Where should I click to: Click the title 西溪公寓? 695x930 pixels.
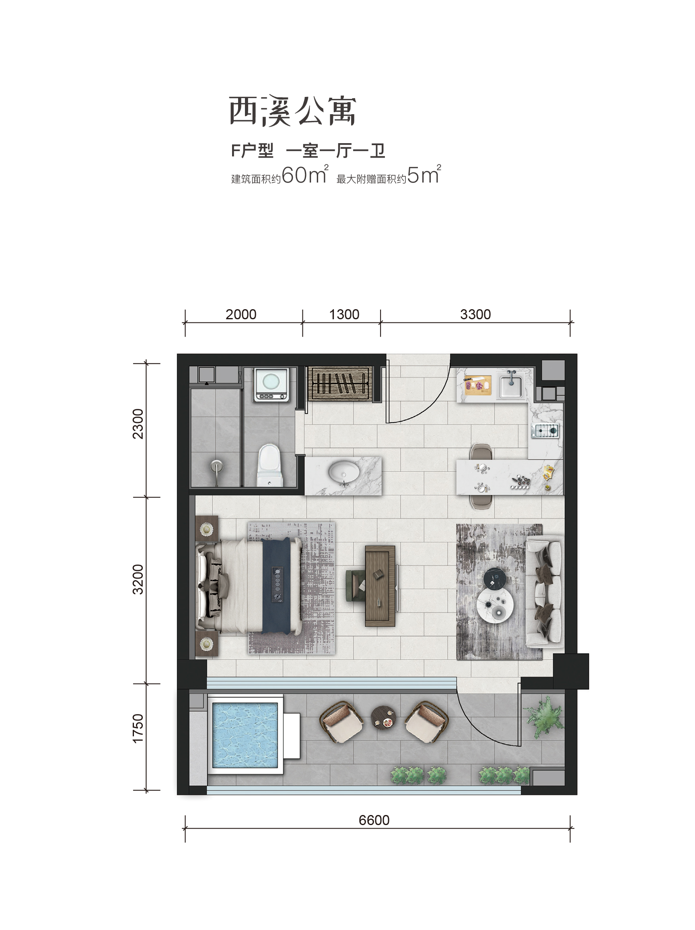(x=293, y=111)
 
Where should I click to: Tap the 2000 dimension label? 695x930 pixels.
(x=241, y=314)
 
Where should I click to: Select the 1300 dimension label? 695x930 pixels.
(x=344, y=314)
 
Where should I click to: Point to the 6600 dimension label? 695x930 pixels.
(x=374, y=820)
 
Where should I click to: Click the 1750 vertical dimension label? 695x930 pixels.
(x=138, y=728)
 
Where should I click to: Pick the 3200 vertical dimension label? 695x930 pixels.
(x=138, y=579)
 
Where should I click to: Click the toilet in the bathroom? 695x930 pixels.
(x=269, y=465)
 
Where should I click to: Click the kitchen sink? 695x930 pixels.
(x=510, y=385)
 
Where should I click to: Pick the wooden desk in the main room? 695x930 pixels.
(x=380, y=586)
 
